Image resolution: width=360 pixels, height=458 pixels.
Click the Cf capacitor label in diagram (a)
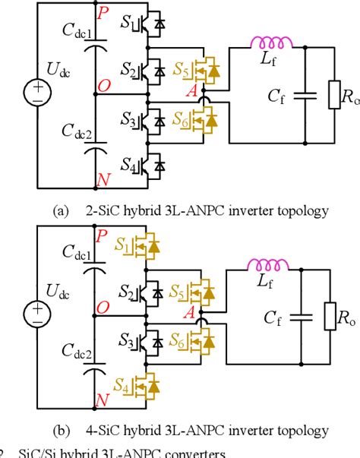[x=277, y=96]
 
